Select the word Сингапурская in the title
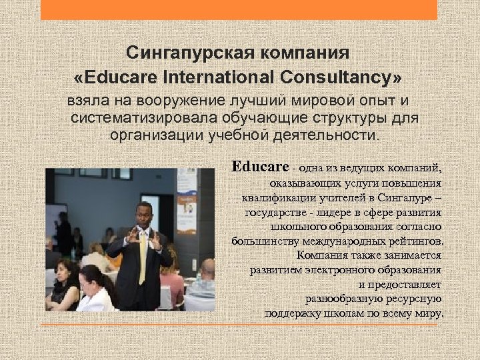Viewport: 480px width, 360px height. pos(175,52)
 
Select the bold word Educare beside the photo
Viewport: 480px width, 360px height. pos(260,167)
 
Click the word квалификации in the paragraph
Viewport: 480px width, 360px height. pos(272,197)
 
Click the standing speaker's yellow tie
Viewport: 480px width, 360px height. pos(143,253)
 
